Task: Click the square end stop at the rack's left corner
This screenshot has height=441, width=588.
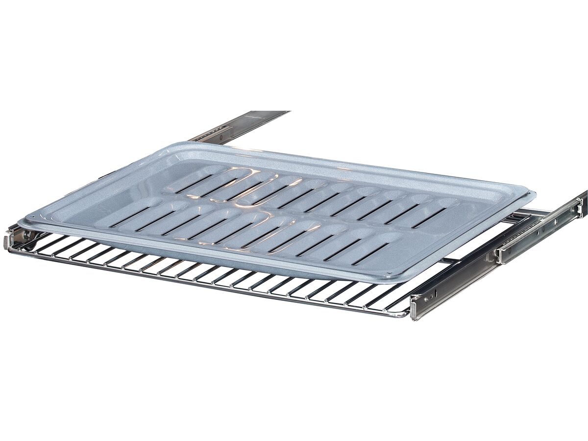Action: click(8, 241)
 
